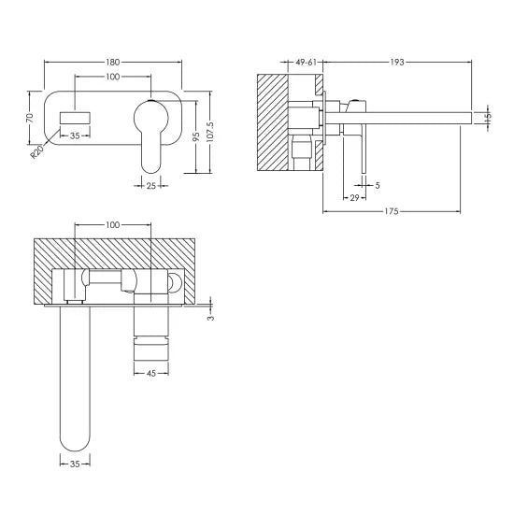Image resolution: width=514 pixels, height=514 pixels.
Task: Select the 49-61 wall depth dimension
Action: point(308,62)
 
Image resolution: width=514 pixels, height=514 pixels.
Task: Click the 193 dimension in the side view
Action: point(397,62)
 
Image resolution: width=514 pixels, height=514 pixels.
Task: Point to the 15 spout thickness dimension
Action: point(490,117)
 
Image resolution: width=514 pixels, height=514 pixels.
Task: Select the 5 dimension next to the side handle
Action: point(377,185)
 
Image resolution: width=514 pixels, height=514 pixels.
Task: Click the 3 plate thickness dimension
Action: point(212,317)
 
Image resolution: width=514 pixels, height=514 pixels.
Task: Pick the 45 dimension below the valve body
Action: point(150,375)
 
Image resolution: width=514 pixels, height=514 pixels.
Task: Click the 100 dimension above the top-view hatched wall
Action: point(113,225)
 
